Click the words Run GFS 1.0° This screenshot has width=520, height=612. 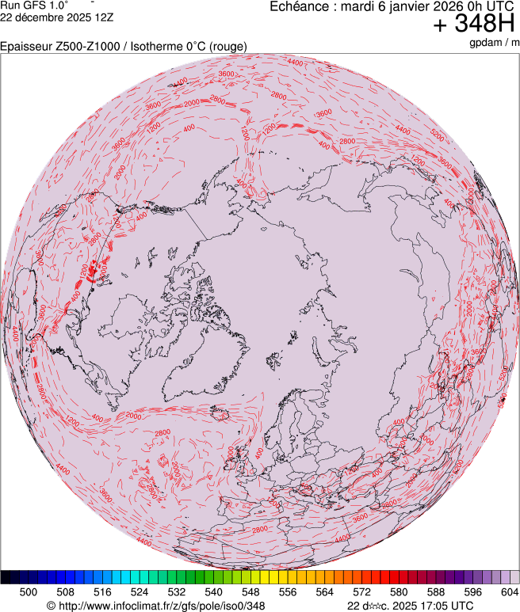point(34,6)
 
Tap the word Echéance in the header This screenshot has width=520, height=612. point(298,6)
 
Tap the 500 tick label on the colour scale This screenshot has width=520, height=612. point(29,591)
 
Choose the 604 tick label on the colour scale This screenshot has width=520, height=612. point(509,591)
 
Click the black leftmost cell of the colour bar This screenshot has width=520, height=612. point(6,577)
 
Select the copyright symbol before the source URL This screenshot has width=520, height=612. point(51,606)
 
